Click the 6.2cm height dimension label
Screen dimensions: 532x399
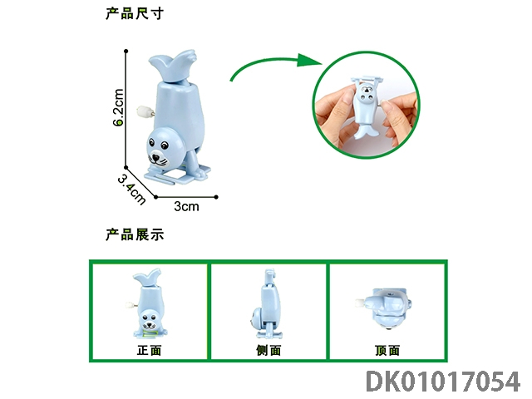tap(118, 107)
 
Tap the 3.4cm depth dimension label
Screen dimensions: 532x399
tap(131, 190)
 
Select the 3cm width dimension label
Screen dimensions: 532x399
tap(186, 206)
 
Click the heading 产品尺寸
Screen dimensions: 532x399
tap(135, 13)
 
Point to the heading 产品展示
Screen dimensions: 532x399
tap(135, 234)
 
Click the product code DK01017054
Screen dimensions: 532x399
tap(443, 382)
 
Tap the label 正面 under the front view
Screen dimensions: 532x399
tap(150, 350)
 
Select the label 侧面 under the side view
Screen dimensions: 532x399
tap(268, 350)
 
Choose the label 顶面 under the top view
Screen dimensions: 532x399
tap(387, 350)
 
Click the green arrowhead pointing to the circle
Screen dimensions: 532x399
tap(308, 61)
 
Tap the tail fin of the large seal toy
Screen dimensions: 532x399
tap(172, 66)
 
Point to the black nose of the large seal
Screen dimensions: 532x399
tap(155, 158)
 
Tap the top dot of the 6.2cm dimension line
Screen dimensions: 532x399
tap(126, 52)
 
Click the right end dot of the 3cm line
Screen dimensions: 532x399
tap(216, 197)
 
